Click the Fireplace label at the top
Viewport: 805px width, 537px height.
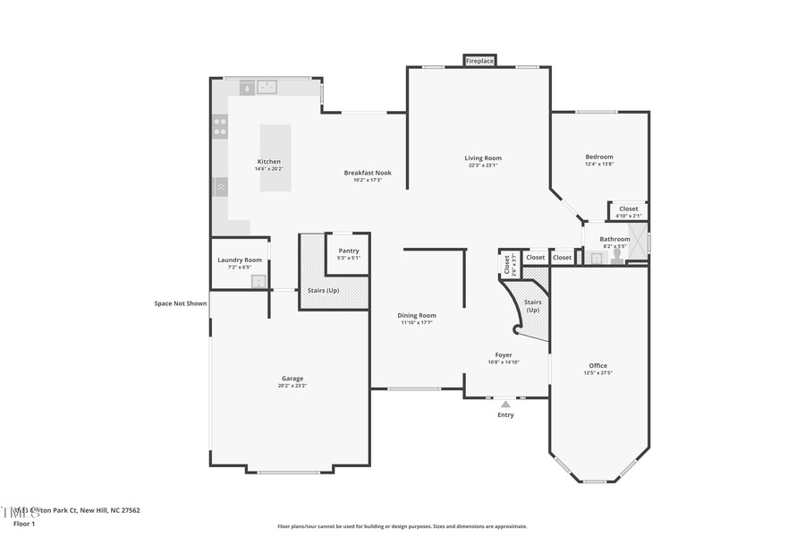(479, 61)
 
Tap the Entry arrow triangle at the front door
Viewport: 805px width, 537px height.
(505, 405)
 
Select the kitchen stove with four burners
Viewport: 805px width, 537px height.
(220, 126)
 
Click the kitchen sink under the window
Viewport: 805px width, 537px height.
(267, 87)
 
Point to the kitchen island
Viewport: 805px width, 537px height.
(275, 158)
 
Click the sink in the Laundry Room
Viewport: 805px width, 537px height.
(258, 281)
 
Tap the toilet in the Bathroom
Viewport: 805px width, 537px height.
(616, 256)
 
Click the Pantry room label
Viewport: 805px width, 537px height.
(348, 251)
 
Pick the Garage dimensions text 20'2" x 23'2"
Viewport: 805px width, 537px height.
(292, 386)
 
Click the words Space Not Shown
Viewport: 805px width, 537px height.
(180, 303)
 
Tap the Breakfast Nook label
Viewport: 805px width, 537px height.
(368, 173)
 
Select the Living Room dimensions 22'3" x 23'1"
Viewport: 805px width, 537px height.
(482, 166)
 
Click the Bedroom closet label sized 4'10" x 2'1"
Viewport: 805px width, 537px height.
(629, 216)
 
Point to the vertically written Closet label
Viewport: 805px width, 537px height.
(506, 264)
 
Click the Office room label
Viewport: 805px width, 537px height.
(597, 365)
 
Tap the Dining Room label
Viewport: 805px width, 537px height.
(417, 315)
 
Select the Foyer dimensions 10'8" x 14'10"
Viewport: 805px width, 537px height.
(504, 362)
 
